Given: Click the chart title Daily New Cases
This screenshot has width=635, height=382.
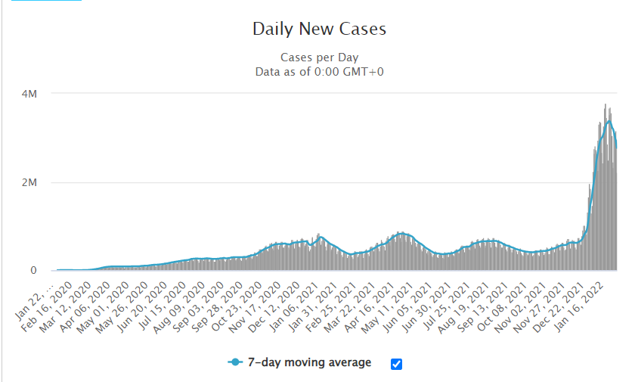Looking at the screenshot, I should pos(319,30).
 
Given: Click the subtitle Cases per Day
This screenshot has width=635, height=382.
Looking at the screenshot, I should pos(319,57).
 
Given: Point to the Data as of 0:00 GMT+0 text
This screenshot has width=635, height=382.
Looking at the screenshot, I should pos(319,72).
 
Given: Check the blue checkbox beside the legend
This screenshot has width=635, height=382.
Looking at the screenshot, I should pos(397,364).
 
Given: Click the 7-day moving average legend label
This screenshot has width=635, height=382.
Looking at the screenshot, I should pos(310,362).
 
